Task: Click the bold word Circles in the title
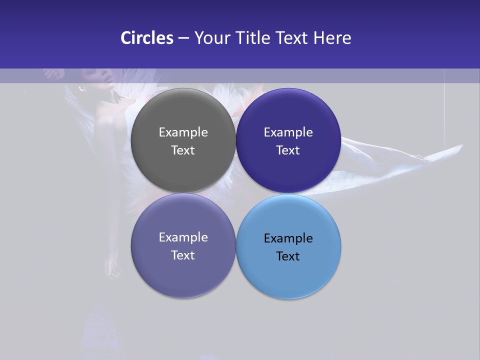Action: (x=147, y=38)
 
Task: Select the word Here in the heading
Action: (x=332, y=38)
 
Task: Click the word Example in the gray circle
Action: (x=183, y=132)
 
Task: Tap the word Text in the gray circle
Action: (x=183, y=150)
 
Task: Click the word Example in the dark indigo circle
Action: (x=288, y=132)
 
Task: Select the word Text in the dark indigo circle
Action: (x=288, y=150)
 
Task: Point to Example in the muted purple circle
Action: (x=183, y=237)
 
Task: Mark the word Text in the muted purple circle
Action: (x=183, y=255)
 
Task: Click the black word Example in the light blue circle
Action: (x=288, y=238)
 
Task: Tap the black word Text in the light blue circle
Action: (x=288, y=256)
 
